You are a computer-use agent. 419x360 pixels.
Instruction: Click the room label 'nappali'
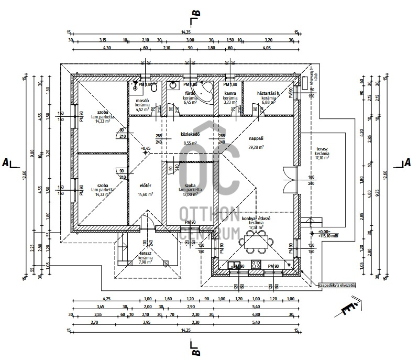256,138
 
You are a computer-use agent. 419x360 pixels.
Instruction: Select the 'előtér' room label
145,184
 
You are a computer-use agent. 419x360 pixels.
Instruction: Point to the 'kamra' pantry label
230,93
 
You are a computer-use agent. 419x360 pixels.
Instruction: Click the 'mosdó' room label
143,100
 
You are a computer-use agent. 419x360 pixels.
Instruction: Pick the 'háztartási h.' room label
269,93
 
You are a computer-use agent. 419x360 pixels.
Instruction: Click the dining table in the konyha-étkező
257,241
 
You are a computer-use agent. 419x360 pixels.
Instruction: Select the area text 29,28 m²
256,147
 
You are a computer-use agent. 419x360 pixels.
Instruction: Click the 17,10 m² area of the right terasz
322,157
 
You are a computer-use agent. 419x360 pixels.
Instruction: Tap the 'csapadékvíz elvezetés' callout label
337,285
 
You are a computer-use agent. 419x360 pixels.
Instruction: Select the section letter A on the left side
5,162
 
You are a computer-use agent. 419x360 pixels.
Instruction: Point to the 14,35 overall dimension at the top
186,32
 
